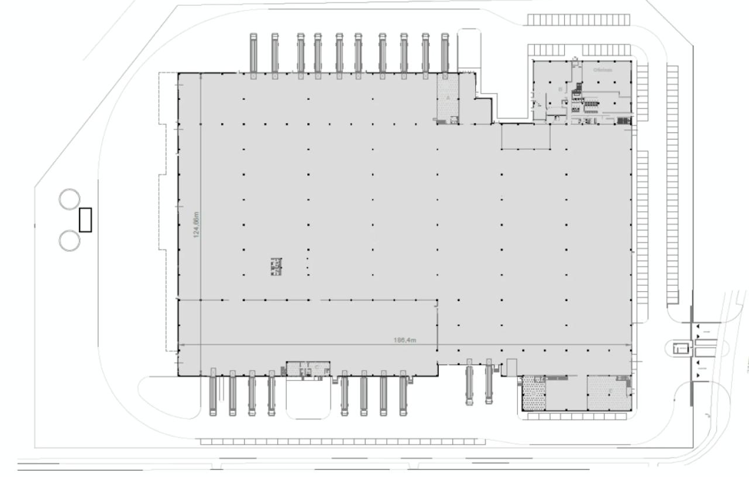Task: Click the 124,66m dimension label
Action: pyautogui.click(x=197, y=224)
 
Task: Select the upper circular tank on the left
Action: pyautogui.click(x=69, y=199)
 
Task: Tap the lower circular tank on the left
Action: pyautogui.click(x=69, y=240)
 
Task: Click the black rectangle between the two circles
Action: pyautogui.click(x=86, y=220)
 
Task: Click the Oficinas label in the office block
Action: pyautogui.click(x=602, y=70)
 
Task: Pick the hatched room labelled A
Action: pyautogui.click(x=448, y=98)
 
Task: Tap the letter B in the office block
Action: pyautogui.click(x=560, y=89)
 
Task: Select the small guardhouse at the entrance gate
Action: pyautogui.click(x=679, y=349)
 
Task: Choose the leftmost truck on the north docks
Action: pyautogui.click(x=253, y=54)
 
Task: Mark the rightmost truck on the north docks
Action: pyautogui.click(x=445, y=54)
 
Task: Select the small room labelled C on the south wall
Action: pyautogui.click(x=316, y=368)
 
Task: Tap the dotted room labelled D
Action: pyautogui.click(x=533, y=393)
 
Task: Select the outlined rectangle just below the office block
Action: pyautogui.click(x=525, y=137)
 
